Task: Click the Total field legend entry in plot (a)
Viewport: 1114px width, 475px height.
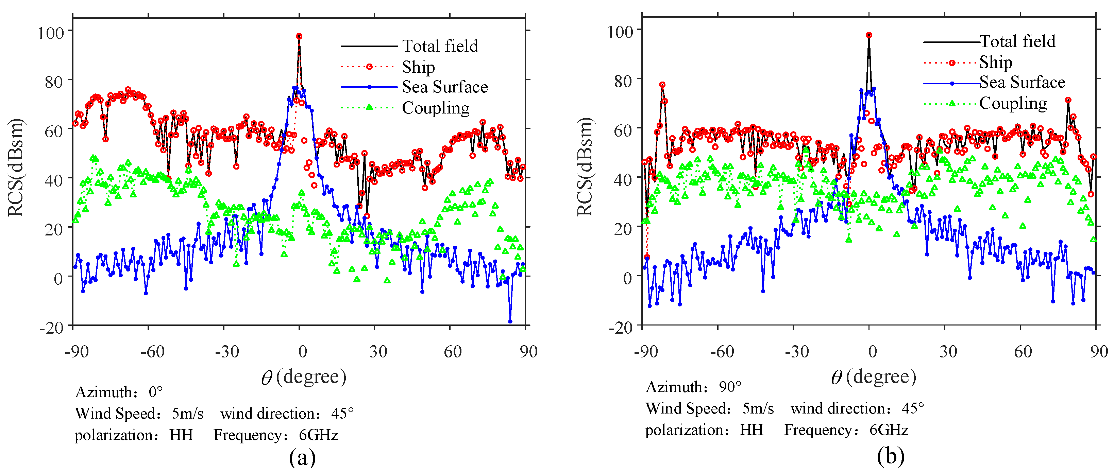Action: pyautogui.click(x=440, y=46)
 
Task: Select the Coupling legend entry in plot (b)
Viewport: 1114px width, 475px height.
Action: pyautogui.click(x=1013, y=103)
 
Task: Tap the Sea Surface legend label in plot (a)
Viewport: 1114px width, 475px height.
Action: pyautogui.click(x=444, y=87)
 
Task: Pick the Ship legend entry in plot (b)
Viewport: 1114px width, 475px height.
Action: pyautogui.click(x=996, y=62)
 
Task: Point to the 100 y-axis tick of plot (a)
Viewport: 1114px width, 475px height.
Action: pyautogui.click(x=51, y=33)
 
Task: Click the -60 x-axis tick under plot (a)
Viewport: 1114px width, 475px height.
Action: pyautogui.click(x=152, y=352)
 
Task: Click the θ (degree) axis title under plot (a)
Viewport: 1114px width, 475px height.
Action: pyautogui.click(x=304, y=377)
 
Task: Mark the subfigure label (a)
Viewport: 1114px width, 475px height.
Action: pyautogui.click(x=302, y=457)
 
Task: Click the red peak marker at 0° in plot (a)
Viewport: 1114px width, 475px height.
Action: pyautogui.click(x=299, y=37)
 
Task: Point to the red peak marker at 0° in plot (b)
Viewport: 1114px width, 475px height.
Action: pyautogui.click(x=869, y=35)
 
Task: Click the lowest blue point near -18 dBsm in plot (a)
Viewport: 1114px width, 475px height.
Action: pyautogui.click(x=510, y=321)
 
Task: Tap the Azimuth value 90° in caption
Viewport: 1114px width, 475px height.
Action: pyautogui.click(x=730, y=387)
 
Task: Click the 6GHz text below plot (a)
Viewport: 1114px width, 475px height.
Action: pyautogui.click(x=318, y=435)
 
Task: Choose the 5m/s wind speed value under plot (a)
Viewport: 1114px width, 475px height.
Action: pyautogui.click(x=187, y=414)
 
